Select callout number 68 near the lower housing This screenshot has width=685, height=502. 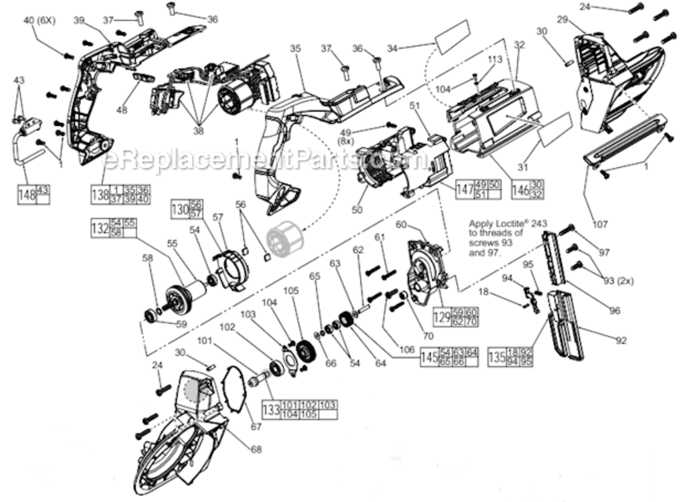256,449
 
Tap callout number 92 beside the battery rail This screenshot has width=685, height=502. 621,341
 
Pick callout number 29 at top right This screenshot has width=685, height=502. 562,20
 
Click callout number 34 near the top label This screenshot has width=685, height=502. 392,48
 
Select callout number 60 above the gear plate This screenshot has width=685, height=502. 401,224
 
